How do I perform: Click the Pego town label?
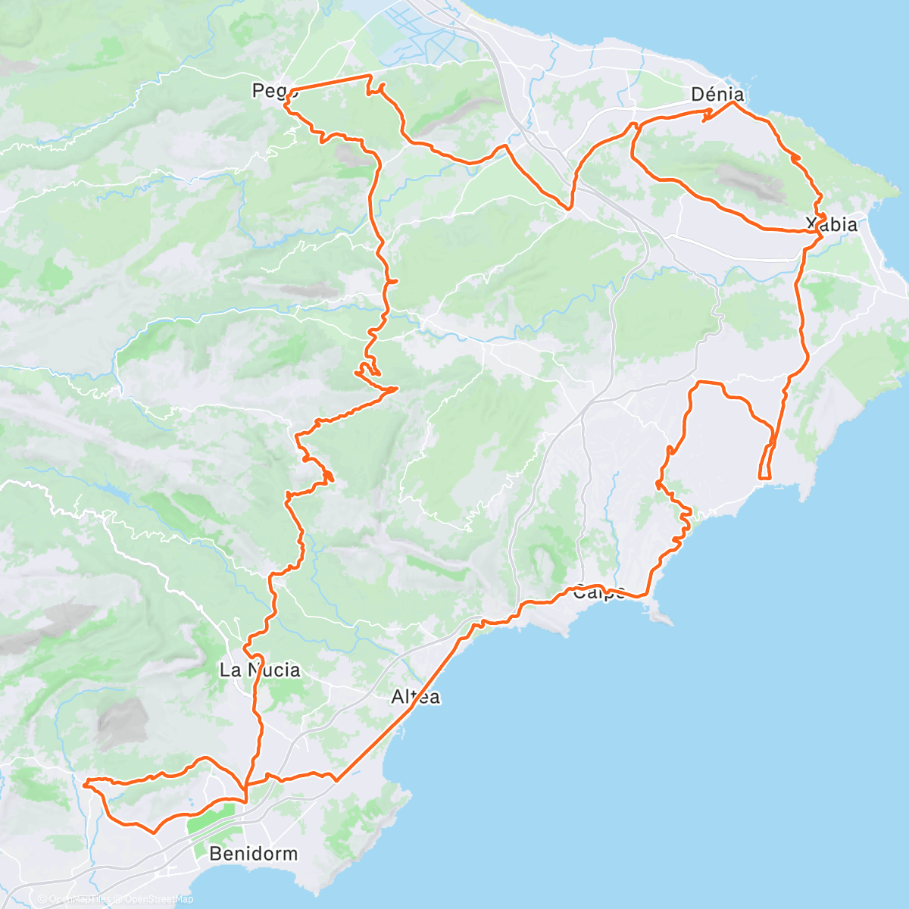pyautogui.click(x=270, y=92)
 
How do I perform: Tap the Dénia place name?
pyautogui.click(x=717, y=95)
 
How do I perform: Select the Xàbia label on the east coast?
pyautogui.click(x=831, y=224)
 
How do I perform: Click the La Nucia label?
pyautogui.click(x=259, y=670)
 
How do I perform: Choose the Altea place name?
pyautogui.click(x=416, y=697)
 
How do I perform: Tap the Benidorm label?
pyautogui.click(x=253, y=854)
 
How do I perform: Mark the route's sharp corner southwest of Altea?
pyautogui.click(x=336, y=779)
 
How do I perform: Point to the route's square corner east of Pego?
pyautogui.click(x=370, y=77)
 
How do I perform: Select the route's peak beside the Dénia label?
pyautogui.click(x=733, y=103)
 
